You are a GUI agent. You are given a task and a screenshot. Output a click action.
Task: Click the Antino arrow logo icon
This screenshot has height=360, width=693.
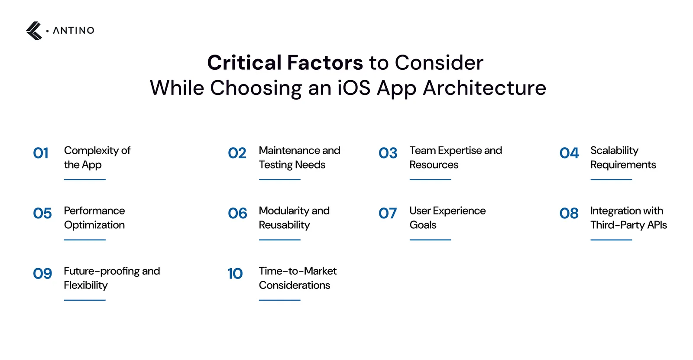coord(34,31)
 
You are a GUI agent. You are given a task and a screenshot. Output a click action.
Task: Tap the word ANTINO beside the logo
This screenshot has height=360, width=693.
coord(74,31)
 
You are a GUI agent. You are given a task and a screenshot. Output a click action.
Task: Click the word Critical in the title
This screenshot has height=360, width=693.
coord(244,62)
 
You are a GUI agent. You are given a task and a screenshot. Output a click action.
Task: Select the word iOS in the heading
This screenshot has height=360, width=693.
coord(353,88)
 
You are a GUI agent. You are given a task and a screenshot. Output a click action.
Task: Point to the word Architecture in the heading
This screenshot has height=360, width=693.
coord(485,88)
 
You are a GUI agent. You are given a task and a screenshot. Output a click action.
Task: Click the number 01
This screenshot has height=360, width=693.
coord(41,153)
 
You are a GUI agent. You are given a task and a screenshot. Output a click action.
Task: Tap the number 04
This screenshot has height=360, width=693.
coord(569,153)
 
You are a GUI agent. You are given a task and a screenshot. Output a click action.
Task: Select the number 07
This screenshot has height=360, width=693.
coord(388,213)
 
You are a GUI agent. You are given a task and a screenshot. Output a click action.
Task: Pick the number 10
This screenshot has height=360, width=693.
coord(235,274)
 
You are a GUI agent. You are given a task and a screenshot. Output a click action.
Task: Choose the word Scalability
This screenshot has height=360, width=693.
coord(615,151)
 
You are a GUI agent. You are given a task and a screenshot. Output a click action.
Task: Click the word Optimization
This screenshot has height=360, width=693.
coord(94,225)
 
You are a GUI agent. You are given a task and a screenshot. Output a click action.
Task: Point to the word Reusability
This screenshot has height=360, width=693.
coord(284,225)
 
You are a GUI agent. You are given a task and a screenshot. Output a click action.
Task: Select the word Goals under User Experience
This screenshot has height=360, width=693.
coord(423,225)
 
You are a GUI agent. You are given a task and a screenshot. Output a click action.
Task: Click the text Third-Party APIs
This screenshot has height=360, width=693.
coord(628,225)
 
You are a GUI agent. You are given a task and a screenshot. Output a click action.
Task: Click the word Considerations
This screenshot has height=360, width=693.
coord(295,285)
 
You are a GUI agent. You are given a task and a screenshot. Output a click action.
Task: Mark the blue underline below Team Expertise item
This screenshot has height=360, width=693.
coord(431,179)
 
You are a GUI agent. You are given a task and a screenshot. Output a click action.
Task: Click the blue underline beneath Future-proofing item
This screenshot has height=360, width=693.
coord(85,300)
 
